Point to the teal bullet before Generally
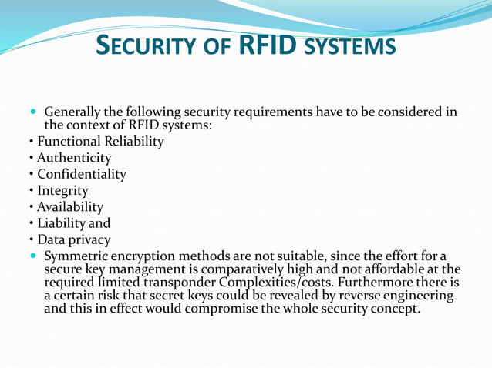point(33,112)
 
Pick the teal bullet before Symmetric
point(33,256)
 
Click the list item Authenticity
point(74,158)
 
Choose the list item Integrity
point(62,190)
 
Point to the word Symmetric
point(77,256)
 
